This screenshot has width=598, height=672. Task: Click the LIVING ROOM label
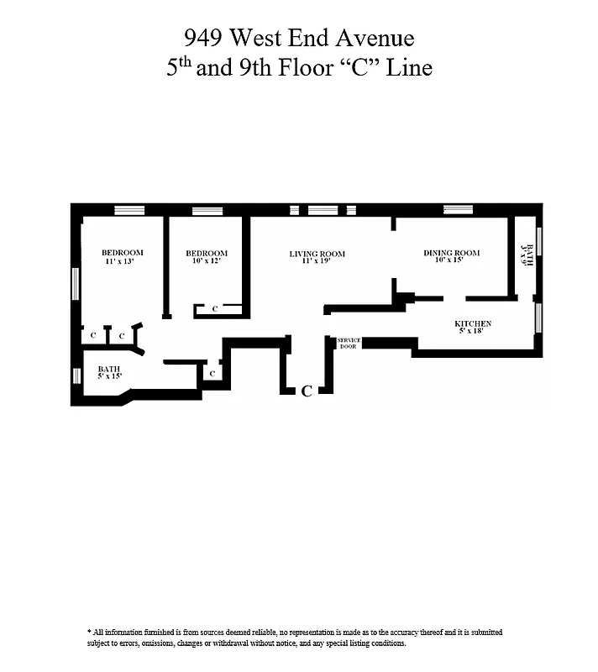tap(317, 254)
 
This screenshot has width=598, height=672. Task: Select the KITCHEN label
tap(473, 324)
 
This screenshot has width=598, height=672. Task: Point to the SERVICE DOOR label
tap(348, 343)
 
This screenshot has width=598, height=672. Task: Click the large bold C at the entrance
tap(307, 391)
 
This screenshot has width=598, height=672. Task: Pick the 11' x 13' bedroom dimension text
tap(120, 262)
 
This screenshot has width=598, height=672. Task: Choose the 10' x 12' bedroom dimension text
tap(206, 262)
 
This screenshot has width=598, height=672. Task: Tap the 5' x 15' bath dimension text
tap(109, 377)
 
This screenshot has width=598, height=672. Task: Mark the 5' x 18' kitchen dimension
tap(473, 333)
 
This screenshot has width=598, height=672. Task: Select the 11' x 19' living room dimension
tap(317, 262)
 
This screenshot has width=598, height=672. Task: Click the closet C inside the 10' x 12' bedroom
tap(215, 309)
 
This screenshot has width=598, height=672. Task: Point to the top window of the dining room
tap(458, 209)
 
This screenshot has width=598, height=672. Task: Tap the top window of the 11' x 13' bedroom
tap(129, 210)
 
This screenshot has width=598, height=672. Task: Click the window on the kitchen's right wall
tap(538, 319)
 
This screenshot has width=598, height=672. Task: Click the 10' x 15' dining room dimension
tap(450, 261)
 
